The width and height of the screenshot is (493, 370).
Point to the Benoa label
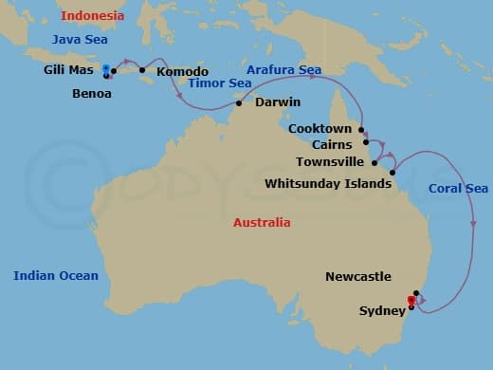pos(92,94)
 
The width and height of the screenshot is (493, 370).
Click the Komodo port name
pos(181,71)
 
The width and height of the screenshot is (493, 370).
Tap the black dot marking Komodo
pos(142,70)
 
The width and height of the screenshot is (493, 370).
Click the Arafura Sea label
pos(283,70)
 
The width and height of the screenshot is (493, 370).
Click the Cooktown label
pos(320,128)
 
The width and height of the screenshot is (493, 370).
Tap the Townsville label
pos(330,162)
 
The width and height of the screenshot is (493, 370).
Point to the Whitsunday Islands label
pos(327,183)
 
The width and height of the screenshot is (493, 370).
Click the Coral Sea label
pos(458,188)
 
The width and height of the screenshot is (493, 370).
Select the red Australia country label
pos(262,223)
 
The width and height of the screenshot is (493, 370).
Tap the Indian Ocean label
pos(55,275)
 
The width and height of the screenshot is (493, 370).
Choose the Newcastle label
pos(357,277)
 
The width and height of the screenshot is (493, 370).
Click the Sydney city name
pos(382,310)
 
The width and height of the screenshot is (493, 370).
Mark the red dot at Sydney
pos(411,301)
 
